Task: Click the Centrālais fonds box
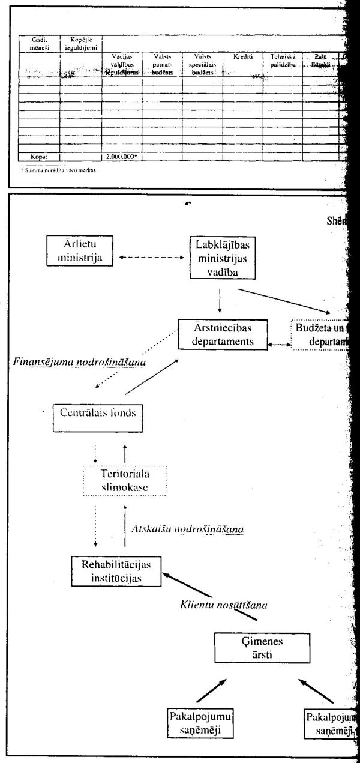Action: coord(100,413)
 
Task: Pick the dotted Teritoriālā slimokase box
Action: coord(124,480)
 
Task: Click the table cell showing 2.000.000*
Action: coord(122,157)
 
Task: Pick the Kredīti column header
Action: coord(242,56)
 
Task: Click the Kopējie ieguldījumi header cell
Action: coord(80,43)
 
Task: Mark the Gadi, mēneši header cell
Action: coord(39,43)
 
